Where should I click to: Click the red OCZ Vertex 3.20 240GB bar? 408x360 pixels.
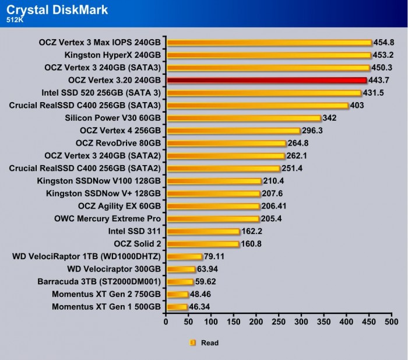pos(266,80)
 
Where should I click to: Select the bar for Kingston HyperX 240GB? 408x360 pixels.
pos(269,55)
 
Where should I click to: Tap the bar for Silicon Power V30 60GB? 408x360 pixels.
pos(244,118)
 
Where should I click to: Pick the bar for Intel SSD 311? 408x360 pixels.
pos(203,231)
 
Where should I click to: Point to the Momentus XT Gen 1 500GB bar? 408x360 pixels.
pos(177,307)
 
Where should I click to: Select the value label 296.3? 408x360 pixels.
pos(312,131)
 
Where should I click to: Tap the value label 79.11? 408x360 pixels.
pos(215,256)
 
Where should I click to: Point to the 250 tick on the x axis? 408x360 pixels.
pos(279,322)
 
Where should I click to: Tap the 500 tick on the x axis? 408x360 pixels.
pos(392,322)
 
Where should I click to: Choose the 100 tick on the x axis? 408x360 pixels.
pos(211,322)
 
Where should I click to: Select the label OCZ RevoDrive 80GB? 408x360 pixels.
pos(118,143)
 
